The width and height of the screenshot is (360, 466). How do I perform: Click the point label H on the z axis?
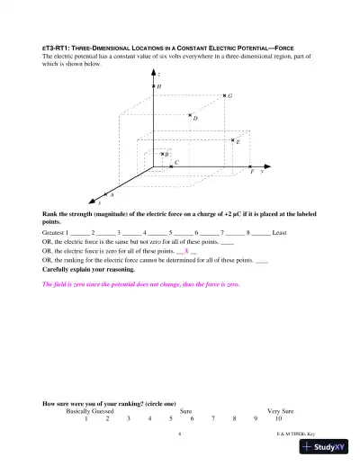(160, 87)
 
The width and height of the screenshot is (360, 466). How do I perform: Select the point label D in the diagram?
(196, 118)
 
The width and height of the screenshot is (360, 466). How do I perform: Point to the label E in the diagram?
(238, 141)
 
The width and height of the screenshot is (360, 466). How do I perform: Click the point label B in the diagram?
(166, 155)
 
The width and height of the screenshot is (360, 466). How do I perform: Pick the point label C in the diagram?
(176, 163)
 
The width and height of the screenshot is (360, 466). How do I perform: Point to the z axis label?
(159, 72)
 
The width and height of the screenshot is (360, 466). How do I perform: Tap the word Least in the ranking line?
(280, 232)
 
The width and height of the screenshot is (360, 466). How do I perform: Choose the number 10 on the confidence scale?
(279, 419)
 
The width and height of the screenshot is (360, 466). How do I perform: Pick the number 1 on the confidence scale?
(85, 419)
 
